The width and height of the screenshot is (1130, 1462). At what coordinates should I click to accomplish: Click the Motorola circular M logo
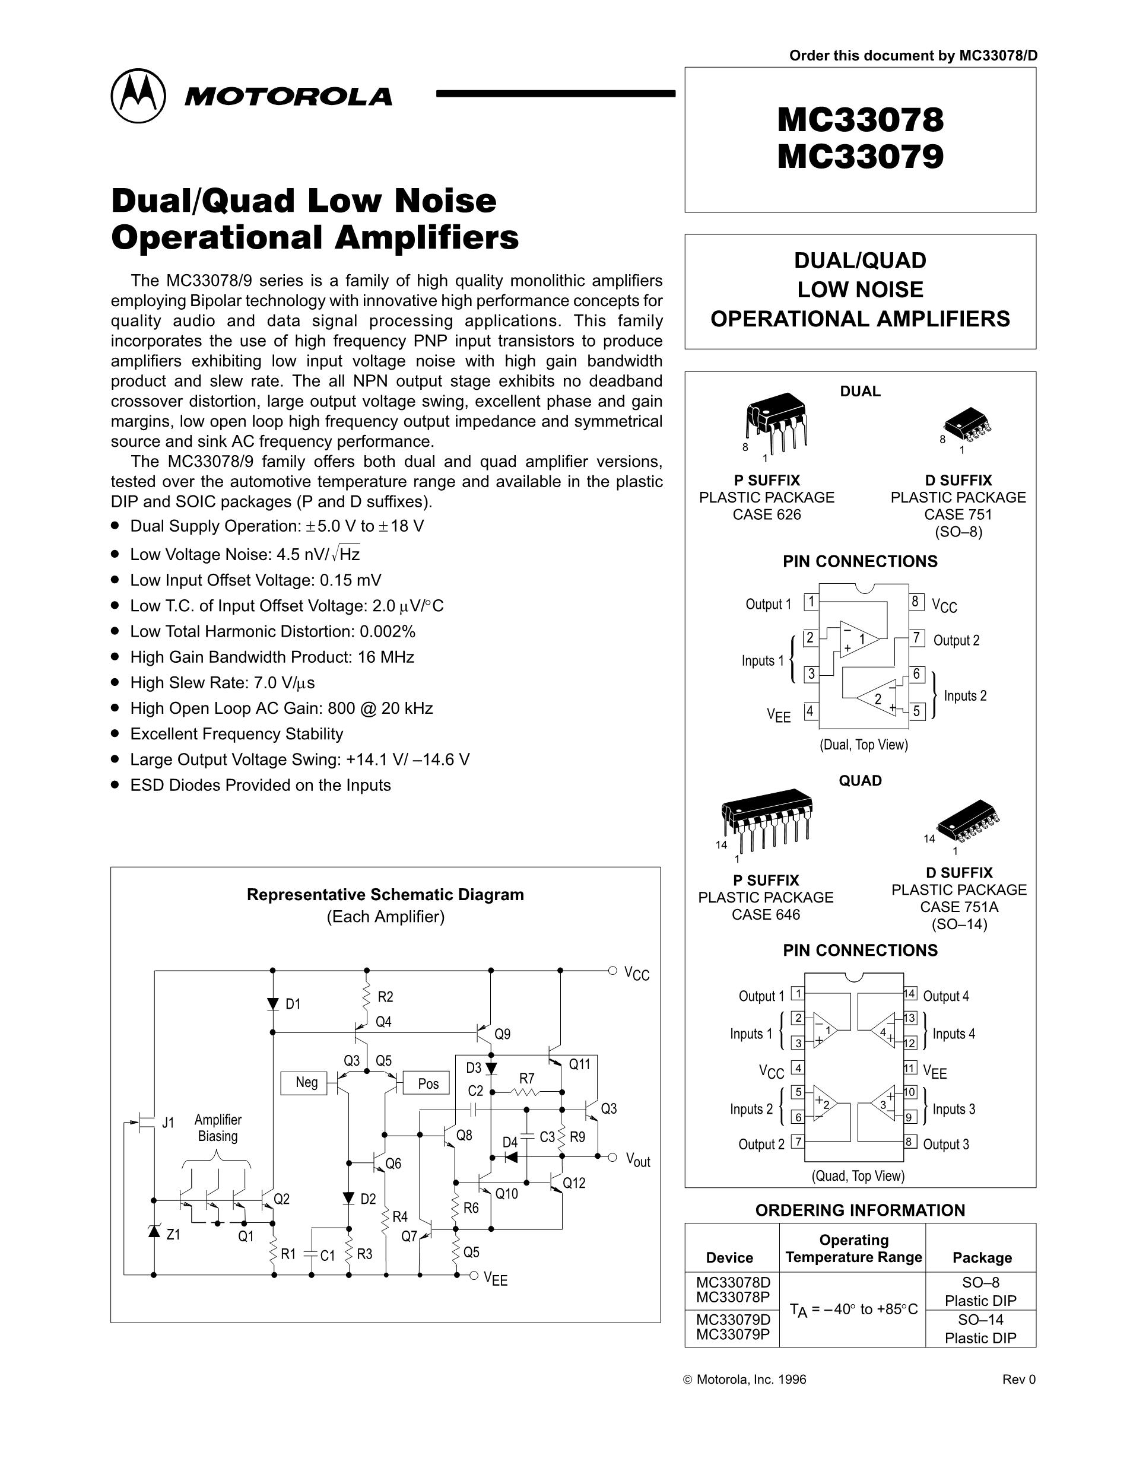pos(138,96)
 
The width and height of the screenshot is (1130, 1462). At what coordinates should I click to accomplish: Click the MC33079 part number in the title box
pos(860,156)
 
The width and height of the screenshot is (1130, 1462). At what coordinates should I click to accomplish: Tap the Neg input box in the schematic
pos(307,1082)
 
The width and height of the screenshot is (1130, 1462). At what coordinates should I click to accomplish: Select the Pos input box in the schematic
pos(428,1084)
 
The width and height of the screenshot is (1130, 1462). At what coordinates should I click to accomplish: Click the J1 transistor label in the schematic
pos(168,1123)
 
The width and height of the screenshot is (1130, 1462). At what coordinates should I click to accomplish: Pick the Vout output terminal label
pos(637,1160)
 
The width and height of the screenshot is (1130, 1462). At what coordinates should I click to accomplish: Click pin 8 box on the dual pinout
pos(915,601)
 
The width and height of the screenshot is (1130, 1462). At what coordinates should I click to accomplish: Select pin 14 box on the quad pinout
pos(909,993)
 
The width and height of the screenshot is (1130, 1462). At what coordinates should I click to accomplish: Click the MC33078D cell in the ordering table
pos(733,1282)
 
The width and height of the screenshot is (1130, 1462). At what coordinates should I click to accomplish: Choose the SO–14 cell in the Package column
pos(980,1320)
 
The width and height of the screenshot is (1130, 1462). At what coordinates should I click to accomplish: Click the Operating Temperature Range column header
pos(853,1248)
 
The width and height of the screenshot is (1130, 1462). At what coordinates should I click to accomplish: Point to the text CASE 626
pos(767,515)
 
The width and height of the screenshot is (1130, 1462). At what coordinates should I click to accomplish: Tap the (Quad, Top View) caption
pos(858,1175)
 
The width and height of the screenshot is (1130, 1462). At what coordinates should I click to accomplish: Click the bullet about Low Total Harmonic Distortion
pos(272,631)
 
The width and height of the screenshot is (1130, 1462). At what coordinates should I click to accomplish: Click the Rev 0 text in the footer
pos(1018,1379)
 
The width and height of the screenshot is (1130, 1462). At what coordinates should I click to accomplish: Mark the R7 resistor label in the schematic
pos(527,1079)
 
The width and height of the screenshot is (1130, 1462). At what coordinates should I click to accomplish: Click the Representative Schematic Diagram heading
pos(385,894)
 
